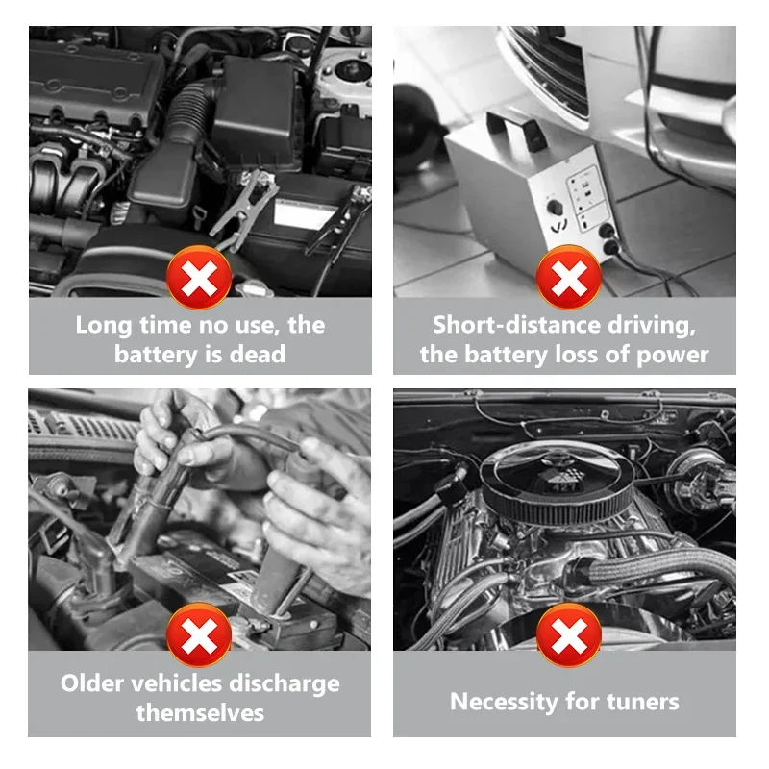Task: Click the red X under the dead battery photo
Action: click(x=199, y=278)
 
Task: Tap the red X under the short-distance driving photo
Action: click(x=569, y=278)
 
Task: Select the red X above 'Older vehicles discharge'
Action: click(x=199, y=635)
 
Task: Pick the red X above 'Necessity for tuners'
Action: click(x=569, y=635)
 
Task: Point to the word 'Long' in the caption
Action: click(x=104, y=326)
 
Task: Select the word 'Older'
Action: click(x=91, y=683)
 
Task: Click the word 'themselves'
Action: click(x=200, y=712)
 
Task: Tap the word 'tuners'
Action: click(x=642, y=702)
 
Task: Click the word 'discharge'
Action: click(x=285, y=684)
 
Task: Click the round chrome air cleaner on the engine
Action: click(x=557, y=484)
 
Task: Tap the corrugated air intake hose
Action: click(x=191, y=111)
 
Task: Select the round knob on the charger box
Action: click(x=556, y=208)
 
